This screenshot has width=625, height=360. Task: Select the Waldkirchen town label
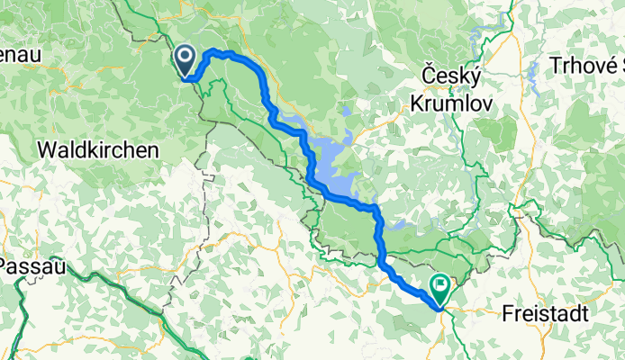click(x=98, y=149)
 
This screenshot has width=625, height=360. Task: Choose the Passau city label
click(x=30, y=265)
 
